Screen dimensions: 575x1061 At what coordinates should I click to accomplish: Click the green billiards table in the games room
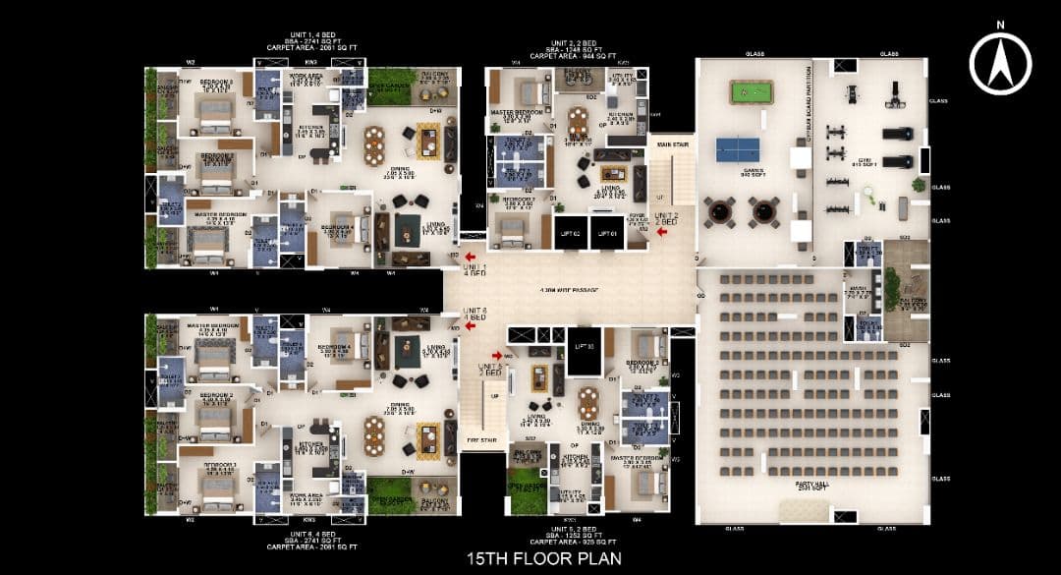[751, 91]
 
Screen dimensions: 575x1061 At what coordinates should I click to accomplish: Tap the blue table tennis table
[737, 149]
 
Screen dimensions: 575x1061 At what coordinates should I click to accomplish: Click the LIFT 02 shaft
[570, 233]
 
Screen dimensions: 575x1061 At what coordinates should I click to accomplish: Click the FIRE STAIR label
[478, 440]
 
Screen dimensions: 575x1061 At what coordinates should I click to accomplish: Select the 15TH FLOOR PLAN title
[530, 555]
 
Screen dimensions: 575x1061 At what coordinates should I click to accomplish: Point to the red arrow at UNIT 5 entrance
[497, 355]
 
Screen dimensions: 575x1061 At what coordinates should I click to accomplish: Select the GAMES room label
[754, 170]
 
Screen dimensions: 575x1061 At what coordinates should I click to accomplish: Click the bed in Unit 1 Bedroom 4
[349, 231]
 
